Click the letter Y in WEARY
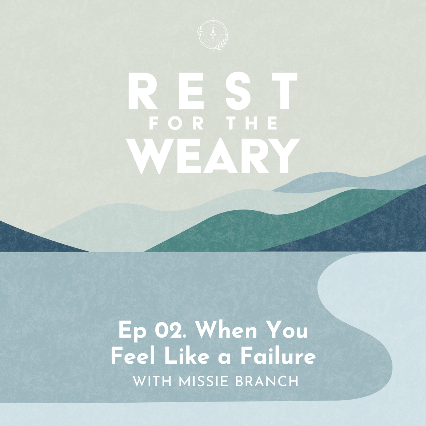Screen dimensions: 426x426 (284, 156)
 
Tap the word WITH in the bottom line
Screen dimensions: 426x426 (152, 381)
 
